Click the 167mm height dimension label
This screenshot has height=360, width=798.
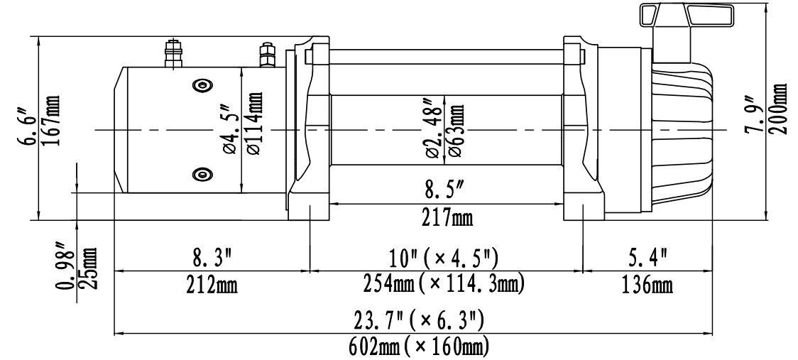coord(53,120)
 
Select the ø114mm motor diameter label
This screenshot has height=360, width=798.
coord(254,124)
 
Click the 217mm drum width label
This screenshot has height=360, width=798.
coord(447,219)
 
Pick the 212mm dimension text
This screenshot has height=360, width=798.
coord(212,285)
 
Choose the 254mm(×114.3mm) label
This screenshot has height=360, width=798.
coord(444,284)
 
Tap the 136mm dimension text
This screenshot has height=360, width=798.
coord(647,285)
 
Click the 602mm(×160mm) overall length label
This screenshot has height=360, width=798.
coord(419,347)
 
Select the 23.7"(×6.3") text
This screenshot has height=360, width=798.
coord(419,321)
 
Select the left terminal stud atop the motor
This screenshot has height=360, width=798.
coord(174,53)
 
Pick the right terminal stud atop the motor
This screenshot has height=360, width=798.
coord(267,55)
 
